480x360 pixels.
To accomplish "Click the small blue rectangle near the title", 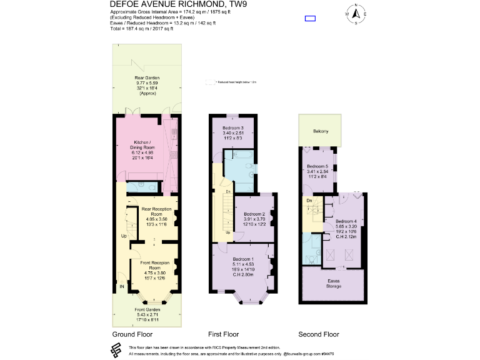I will [310, 18].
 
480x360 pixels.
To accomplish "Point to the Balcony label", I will [320, 131].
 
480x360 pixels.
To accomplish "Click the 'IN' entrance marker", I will [122, 287].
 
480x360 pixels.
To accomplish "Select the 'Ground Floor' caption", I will [132, 334].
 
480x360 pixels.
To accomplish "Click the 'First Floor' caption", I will [223, 334].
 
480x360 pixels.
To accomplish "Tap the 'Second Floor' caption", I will [318, 334].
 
